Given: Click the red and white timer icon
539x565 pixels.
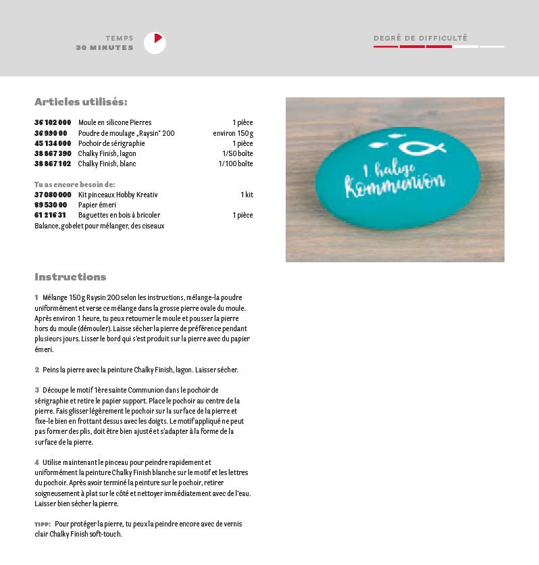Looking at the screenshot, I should [155, 43].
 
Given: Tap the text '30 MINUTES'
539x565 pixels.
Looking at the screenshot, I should [105, 48].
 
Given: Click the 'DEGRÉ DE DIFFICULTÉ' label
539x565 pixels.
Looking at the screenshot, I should [420, 39].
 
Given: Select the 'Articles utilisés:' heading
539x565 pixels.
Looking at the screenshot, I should [80, 102].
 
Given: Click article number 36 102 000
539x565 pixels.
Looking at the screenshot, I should [53, 123].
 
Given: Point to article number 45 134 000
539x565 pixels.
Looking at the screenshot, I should [53, 143].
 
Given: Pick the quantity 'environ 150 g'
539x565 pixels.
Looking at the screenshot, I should [232, 133].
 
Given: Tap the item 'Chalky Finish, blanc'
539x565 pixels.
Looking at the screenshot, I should [107, 164].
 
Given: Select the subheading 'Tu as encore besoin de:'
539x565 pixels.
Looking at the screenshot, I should [74, 185].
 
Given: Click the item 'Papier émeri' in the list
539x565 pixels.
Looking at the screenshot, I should [97, 205].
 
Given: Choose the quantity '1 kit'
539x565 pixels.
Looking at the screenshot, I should [247, 195].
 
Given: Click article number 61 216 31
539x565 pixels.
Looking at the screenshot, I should [50, 215].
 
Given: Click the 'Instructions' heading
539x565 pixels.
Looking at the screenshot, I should [70, 277].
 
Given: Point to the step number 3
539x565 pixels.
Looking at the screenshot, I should [37, 390].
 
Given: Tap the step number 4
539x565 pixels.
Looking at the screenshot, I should [37, 462].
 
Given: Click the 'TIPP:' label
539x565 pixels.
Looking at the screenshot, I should [42, 524].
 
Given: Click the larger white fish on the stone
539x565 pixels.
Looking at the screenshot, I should [421, 147].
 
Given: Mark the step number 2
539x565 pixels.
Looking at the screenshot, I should [37, 370].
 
